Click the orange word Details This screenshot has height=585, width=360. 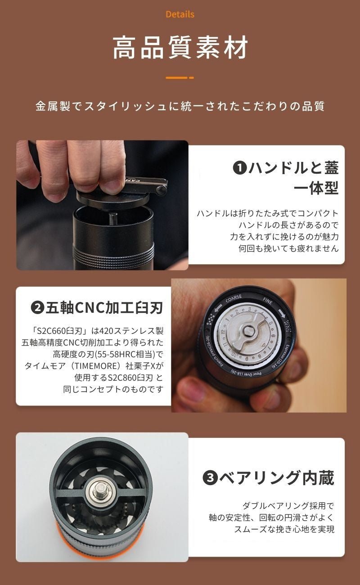(x=180, y=14)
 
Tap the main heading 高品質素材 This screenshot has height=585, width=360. (x=180, y=48)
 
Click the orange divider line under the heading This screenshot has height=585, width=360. (x=180, y=77)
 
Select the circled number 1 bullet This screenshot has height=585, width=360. (x=240, y=168)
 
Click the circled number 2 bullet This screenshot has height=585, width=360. (x=38, y=308)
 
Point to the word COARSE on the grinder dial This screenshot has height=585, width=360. (x=234, y=298)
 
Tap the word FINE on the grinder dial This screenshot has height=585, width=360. (x=267, y=301)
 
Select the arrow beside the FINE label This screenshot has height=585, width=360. (x=282, y=313)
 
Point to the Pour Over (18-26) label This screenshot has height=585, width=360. (x=246, y=373)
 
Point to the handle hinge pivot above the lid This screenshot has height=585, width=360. (x=161, y=189)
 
